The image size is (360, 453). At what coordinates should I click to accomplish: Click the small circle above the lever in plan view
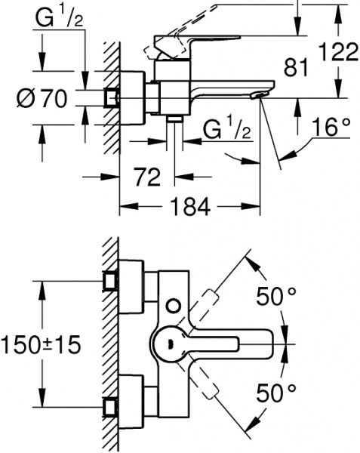pyautogui.click(x=174, y=306)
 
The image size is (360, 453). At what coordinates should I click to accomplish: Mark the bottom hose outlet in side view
pyautogui.click(x=175, y=119)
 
